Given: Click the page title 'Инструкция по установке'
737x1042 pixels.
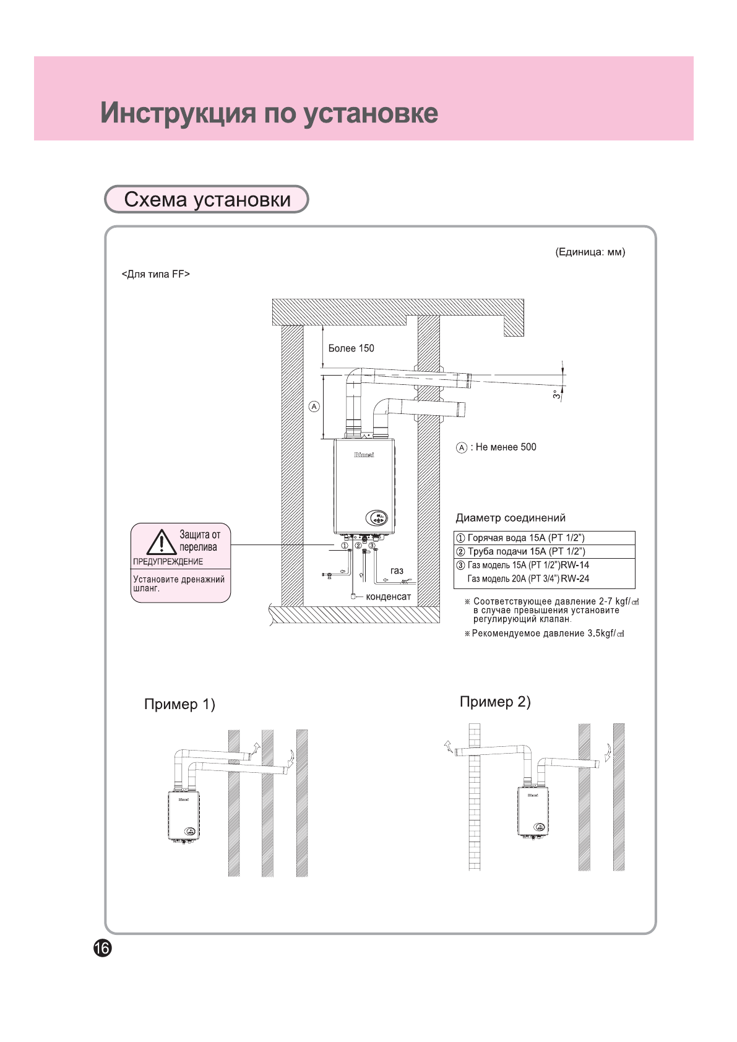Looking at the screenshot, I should pos(269,113).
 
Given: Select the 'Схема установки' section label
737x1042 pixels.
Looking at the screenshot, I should pos(207,199).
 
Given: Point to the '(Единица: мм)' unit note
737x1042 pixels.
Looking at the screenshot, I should pos(590,252).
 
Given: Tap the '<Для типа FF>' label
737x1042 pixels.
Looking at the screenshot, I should pos(155,274).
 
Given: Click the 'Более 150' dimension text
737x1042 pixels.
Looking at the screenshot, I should pos(351,348).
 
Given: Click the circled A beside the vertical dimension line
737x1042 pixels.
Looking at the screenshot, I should pos(314,407).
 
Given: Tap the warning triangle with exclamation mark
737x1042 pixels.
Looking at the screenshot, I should pos(162,542).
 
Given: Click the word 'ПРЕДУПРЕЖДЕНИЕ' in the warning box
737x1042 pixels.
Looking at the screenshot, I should pos(168,562).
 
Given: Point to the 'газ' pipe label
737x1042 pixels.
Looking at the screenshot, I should pos(397,571).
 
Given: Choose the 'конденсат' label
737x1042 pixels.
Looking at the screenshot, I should pos(388,596).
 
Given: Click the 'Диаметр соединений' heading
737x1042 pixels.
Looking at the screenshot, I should pos(511,518).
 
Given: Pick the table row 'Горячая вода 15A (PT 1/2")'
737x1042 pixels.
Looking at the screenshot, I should pos(526,538).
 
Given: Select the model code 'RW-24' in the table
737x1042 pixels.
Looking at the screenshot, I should pos(575,579).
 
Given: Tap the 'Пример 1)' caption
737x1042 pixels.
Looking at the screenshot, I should pos(179,704).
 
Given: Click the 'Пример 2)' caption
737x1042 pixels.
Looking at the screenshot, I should pos(495,702).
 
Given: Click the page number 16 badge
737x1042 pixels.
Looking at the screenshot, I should pos(103,947).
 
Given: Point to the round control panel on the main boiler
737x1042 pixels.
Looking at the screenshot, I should pos(376,518).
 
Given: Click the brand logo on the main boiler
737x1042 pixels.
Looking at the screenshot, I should pos(364,455).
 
